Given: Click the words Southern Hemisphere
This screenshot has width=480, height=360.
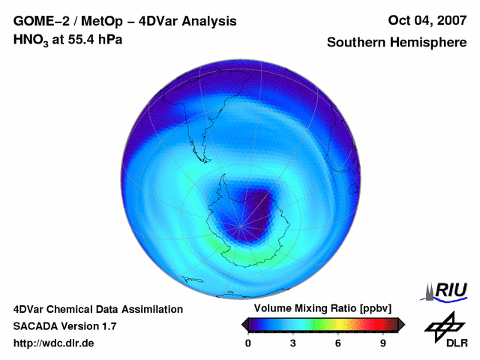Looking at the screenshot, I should pos(397,43).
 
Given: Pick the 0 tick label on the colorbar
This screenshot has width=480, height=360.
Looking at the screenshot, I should pos(248,343).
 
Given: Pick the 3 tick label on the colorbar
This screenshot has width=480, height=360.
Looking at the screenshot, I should pos(293,343).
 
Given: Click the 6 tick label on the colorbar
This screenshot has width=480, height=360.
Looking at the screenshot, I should pos(338,343).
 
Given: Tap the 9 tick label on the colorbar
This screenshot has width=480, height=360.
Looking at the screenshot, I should pos(382,343).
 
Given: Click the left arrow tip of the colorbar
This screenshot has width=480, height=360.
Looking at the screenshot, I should pos(244,323).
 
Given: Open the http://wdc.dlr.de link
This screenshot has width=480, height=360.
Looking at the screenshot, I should pos(54,343).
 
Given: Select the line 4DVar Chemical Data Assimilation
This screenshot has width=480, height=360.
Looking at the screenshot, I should pos(97,309).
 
